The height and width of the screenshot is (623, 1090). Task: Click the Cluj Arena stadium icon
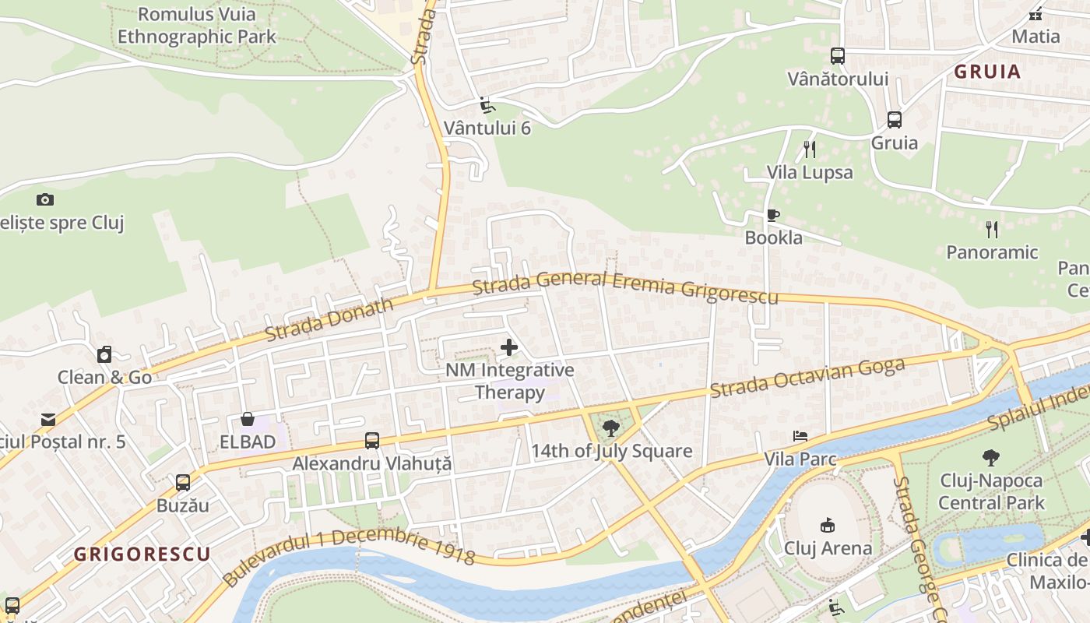(x=828, y=525)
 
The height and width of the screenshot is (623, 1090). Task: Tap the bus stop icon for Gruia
(x=895, y=120)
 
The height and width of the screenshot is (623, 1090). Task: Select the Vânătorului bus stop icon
(x=838, y=56)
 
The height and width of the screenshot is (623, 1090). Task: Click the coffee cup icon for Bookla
(x=772, y=215)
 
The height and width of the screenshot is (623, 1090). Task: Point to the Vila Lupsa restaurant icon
(x=810, y=149)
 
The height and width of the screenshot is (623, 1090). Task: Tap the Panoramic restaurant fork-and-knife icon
(x=991, y=229)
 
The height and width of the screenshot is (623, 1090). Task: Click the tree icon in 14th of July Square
(x=611, y=427)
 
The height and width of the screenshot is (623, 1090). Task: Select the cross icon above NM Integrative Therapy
(x=509, y=347)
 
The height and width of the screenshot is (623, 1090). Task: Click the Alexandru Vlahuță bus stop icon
(x=372, y=441)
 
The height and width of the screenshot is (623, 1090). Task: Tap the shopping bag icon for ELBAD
(x=248, y=419)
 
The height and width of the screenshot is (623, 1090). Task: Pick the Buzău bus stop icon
(x=183, y=483)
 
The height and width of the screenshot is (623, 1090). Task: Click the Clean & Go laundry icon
(x=104, y=355)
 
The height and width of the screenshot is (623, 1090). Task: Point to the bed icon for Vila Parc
(x=800, y=436)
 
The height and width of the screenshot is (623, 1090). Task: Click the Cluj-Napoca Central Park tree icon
(x=990, y=457)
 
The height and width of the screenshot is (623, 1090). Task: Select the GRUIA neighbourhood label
(x=987, y=72)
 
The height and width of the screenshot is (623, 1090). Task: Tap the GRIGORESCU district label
(x=142, y=554)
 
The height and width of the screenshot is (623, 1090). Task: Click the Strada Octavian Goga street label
(x=808, y=378)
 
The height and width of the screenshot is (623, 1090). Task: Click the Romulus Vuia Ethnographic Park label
(x=196, y=25)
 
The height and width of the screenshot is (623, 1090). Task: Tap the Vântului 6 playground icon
(x=487, y=105)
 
